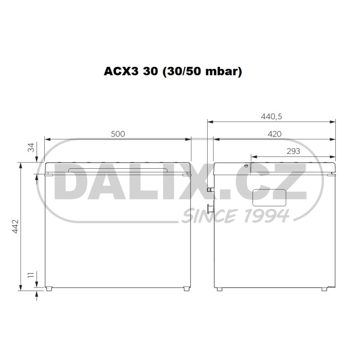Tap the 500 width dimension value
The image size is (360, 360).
click(118, 134)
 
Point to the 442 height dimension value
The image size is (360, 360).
click(15, 226)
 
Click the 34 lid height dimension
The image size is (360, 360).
click(31, 148)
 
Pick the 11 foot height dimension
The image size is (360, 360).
click(31, 277)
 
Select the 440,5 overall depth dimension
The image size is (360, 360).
click(272, 116)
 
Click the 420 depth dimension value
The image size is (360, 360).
click(275, 134)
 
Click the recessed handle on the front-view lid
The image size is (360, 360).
click(118, 169)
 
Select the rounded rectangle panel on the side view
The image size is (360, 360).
click(269, 197)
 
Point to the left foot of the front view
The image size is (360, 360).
click(49, 289)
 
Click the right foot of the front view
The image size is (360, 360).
click(186, 289)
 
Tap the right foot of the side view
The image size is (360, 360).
click(324, 289)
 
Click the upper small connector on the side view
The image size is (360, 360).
click(210, 190)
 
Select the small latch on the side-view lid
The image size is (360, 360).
click(246, 166)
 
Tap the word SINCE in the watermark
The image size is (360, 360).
click(205, 215)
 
